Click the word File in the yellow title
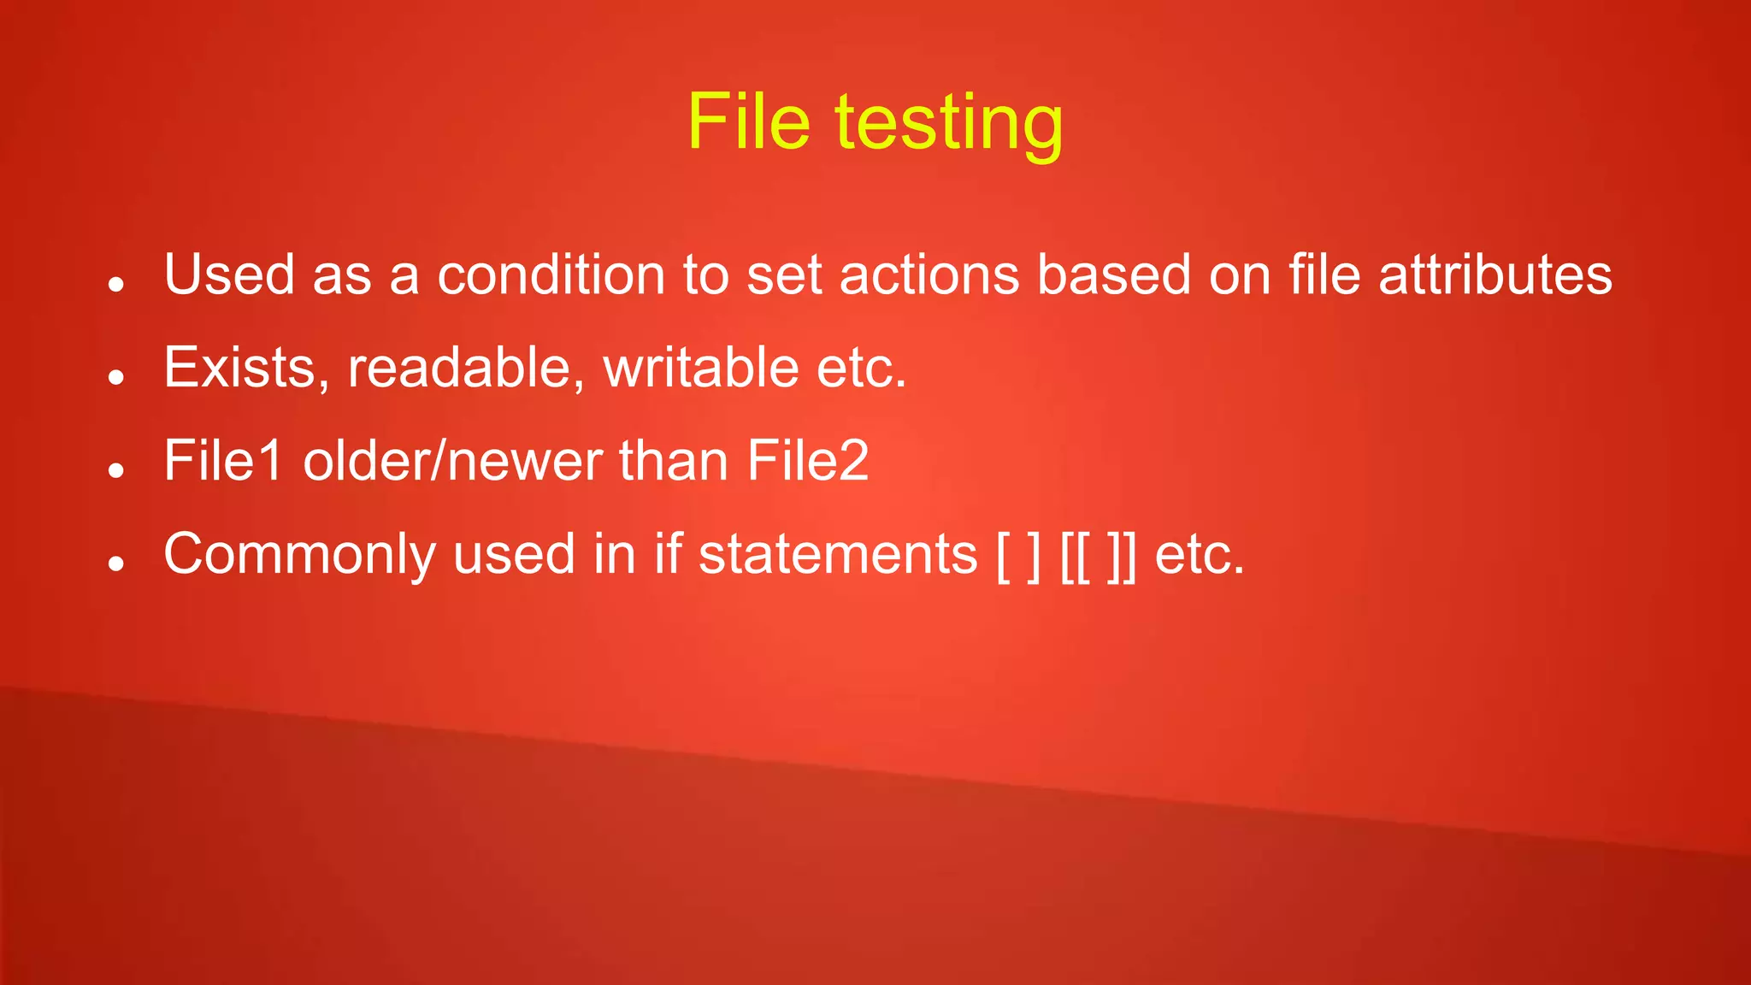click(748, 121)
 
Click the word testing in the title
click(949, 125)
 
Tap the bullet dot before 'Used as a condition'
click(117, 284)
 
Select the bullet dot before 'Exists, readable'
click(117, 377)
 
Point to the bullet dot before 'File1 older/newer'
click(117, 470)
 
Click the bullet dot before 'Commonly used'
click(117, 563)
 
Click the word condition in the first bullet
click(551, 274)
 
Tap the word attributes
click(1495, 274)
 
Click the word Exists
click(246, 368)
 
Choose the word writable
click(702, 368)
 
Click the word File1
click(223, 461)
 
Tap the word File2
click(808, 461)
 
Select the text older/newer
click(452, 461)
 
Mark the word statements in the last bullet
click(838, 554)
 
